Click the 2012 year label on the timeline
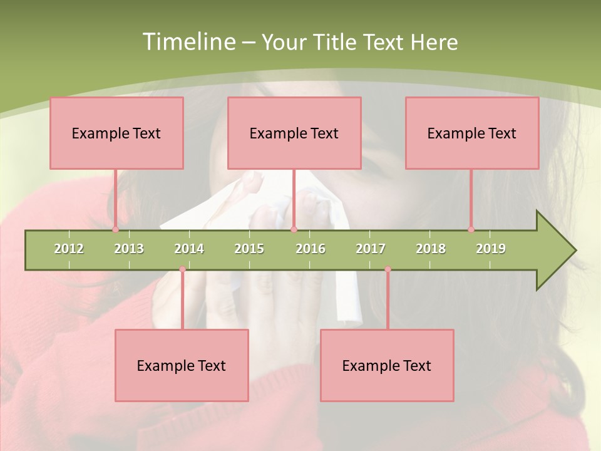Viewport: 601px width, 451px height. [x=69, y=249]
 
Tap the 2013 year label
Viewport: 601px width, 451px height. [x=129, y=249]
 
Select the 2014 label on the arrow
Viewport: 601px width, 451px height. [x=189, y=249]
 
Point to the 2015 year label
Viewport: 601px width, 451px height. [x=249, y=249]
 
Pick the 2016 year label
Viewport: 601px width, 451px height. [x=311, y=249]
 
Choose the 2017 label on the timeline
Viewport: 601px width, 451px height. [x=371, y=249]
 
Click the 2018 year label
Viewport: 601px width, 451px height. [x=431, y=249]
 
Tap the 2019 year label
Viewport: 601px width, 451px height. [x=491, y=249]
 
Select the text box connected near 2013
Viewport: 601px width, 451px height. [x=116, y=133]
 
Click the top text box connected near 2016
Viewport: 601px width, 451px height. [x=294, y=133]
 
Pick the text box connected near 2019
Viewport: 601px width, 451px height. [x=472, y=133]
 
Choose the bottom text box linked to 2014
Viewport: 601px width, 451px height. [x=182, y=365]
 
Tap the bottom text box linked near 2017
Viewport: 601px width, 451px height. [x=387, y=365]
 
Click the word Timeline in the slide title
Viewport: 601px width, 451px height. [x=188, y=42]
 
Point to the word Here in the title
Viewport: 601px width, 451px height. [x=434, y=42]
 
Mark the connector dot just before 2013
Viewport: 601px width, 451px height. [x=115, y=230]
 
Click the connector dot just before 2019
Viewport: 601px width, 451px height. [x=471, y=230]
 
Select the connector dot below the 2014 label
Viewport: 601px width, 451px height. [x=182, y=269]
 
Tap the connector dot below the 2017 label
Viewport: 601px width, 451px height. [x=388, y=269]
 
